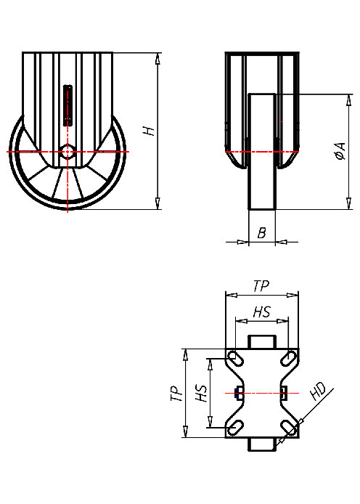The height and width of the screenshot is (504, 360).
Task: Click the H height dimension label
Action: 149,131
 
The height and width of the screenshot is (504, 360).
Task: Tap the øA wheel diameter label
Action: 338,152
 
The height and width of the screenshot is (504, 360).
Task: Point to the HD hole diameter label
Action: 317,393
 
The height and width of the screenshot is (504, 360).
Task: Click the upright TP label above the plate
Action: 261,287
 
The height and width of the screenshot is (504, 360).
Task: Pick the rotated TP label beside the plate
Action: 175,394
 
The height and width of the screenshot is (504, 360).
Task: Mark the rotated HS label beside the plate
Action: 202,394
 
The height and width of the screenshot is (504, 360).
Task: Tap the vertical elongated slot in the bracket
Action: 68,105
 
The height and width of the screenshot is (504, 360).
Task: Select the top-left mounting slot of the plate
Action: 236,358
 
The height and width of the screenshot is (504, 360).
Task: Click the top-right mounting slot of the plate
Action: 288,358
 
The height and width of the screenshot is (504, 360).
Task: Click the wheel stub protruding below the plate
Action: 262,444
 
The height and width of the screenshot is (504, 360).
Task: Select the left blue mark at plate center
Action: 239,393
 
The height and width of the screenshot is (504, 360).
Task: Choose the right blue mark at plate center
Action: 283,393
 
